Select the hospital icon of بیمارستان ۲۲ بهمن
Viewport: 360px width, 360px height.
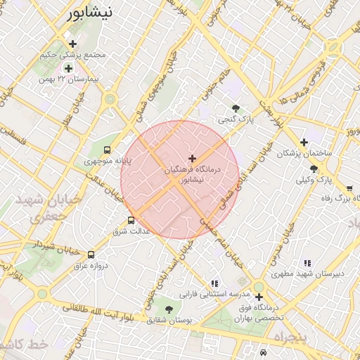click(68, 68)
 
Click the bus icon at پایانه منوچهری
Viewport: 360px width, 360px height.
click(107, 150)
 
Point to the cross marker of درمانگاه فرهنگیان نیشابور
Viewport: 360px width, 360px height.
click(192, 158)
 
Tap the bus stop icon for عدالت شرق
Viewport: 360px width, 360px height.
click(131, 221)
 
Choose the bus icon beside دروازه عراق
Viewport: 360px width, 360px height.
click(91, 255)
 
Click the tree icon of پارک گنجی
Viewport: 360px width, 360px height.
click(236, 108)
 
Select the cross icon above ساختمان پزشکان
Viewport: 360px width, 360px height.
click(304, 142)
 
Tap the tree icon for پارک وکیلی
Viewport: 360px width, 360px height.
click(314, 169)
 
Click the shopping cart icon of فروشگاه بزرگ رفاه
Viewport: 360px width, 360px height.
click(349, 188)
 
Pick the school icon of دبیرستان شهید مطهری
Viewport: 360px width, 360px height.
click(307, 263)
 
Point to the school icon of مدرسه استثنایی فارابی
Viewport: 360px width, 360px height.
click(214, 283)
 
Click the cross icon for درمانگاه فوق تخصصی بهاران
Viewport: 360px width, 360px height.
click(259, 297)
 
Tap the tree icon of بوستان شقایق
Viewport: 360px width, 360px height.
click(169, 309)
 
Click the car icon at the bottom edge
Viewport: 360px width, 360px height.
click(263, 352)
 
